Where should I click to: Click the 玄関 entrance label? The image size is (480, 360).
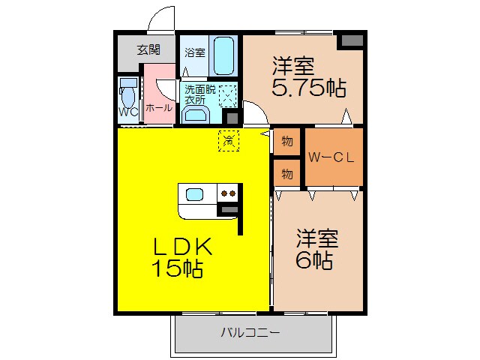coord(148,50)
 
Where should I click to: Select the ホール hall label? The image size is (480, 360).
coord(158,108)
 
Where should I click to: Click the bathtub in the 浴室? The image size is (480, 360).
coord(224,55)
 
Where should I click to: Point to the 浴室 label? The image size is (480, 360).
coord(195,52)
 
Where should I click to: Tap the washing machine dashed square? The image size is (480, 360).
coord(227,94)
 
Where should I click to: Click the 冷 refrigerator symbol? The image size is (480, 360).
coord(229,139)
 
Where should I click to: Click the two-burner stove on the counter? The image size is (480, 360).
coord(227,194)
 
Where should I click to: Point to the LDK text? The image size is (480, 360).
coord(184,246)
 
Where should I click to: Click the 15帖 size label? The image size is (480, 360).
coord(178,269)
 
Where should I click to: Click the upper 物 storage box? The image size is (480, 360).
coord(287,141)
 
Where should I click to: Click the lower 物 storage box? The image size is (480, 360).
coord(287,174)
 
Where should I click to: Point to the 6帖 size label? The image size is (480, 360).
coord(314,261)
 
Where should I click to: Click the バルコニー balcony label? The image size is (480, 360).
coord(250,332)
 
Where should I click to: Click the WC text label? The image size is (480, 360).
coord(127,112)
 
